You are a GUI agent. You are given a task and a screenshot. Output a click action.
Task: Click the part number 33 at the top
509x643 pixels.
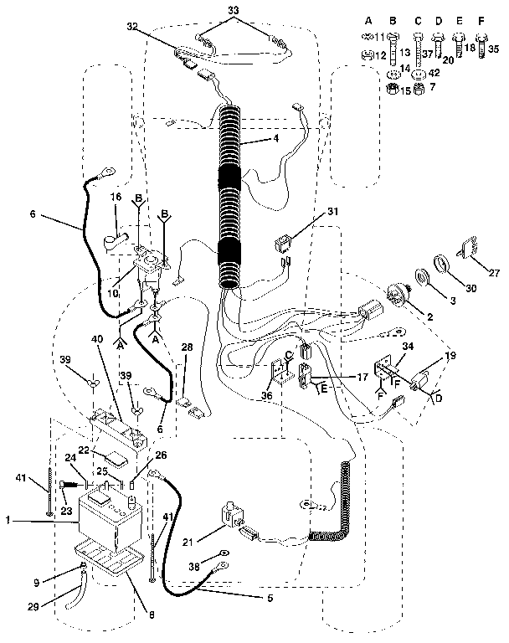[x=234, y=9]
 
